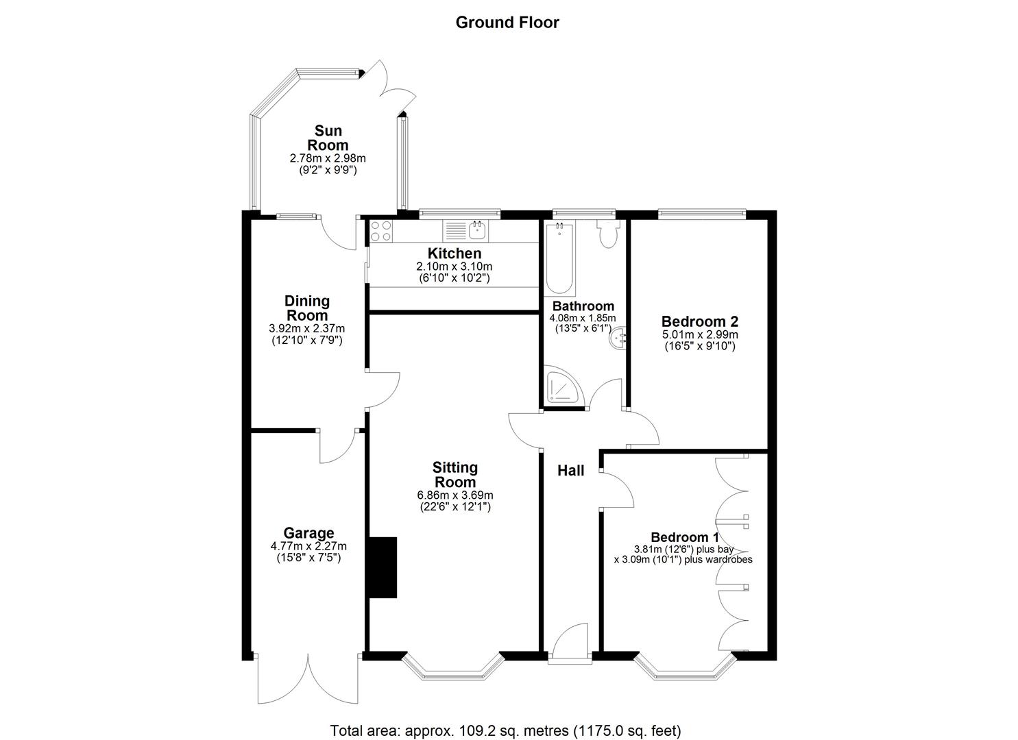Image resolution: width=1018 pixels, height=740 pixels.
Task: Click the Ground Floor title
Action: (507, 23)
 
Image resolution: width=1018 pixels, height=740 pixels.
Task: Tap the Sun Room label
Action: (328, 138)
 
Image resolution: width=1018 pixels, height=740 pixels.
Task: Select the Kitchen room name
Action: (455, 254)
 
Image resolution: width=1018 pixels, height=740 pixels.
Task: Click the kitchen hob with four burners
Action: (381, 231)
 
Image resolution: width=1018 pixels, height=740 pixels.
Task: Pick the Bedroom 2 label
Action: (699, 321)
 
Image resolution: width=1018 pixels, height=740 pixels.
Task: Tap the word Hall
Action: (570, 471)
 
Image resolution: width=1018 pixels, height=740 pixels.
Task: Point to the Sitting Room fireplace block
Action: (383, 567)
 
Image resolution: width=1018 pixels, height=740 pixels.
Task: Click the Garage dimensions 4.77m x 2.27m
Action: (308, 547)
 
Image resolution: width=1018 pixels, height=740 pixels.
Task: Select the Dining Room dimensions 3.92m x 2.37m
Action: (307, 328)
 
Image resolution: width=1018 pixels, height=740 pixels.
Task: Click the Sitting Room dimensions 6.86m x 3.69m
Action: (455, 495)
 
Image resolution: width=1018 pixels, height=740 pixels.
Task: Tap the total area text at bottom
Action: (505, 730)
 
